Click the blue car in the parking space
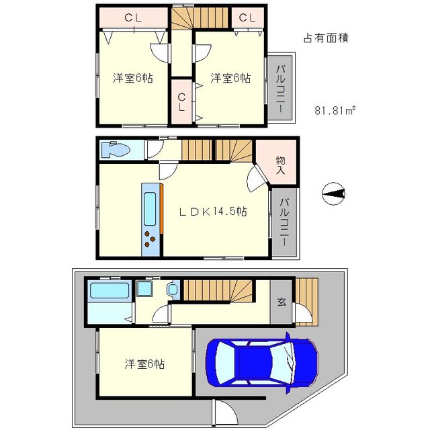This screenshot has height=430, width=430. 262,363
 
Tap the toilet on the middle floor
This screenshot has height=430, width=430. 116,150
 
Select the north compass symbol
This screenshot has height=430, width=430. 333,194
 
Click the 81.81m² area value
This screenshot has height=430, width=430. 335,110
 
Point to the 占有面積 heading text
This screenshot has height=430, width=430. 326,38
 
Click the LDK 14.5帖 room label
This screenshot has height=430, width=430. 213,212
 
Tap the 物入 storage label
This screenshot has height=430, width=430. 280,165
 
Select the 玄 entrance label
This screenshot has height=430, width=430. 282,302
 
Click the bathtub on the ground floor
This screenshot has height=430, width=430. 110,290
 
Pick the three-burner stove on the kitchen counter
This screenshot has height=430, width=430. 150,239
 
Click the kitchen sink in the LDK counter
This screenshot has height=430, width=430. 150,209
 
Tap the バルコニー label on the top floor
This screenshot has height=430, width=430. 280,88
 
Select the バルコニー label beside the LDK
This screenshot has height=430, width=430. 284,222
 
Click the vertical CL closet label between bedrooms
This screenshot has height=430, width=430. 181,102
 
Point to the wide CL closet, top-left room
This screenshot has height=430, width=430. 133,18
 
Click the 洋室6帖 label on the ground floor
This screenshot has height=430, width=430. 144,364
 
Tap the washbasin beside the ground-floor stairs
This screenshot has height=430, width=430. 173,290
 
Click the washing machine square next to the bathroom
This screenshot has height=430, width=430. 144,289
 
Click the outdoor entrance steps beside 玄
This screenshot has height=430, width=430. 307,302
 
